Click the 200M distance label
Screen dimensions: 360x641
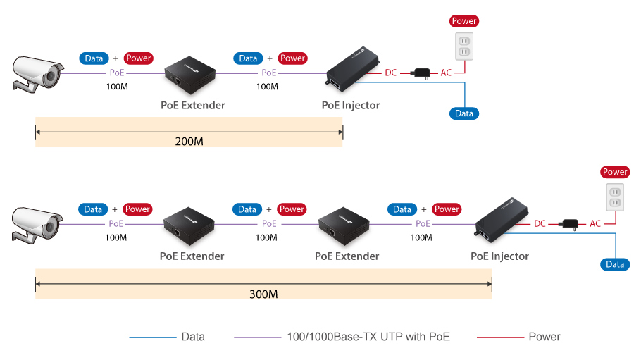coord(189,142)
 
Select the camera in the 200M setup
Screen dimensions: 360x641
coord(37,73)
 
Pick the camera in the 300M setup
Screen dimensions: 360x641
coord(37,224)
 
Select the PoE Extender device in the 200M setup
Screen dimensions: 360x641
coord(189,74)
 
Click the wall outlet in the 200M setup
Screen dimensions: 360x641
coord(463,48)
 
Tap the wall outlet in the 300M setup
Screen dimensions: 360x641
coord(615,199)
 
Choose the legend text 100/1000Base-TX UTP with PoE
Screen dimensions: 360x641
coord(368,337)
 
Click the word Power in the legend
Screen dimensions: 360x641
coord(544,337)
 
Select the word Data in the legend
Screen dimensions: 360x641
coord(193,337)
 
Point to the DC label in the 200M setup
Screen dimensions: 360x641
coord(391,73)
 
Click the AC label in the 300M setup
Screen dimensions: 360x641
coord(595,223)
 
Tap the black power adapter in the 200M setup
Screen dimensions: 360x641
coord(422,73)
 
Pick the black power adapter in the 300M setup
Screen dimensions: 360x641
coord(568,223)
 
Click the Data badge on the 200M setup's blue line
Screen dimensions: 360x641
coord(463,113)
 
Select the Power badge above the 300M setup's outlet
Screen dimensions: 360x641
coord(615,172)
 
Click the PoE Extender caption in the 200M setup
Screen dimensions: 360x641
coord(193,106)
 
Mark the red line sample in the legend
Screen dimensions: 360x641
coord(500,337)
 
